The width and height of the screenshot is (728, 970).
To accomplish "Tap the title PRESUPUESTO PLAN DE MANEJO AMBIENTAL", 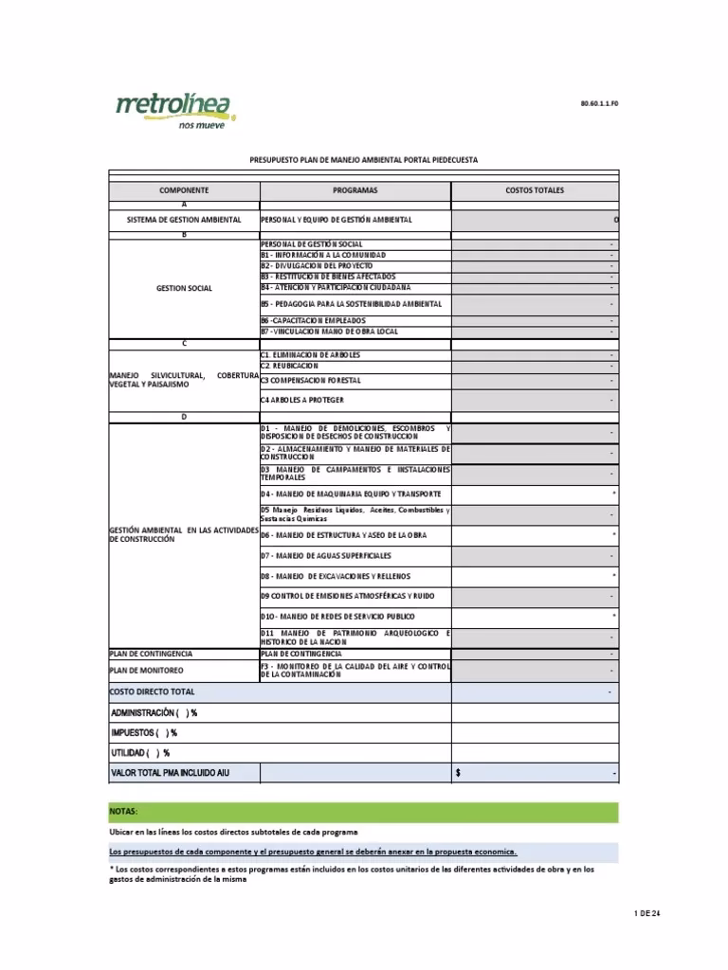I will click(364, 160).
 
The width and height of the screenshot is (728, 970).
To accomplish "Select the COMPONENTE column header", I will click(184, 190).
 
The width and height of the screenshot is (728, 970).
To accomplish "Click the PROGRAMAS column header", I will click(355, 190).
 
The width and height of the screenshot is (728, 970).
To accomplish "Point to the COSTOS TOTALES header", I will click(535, 190).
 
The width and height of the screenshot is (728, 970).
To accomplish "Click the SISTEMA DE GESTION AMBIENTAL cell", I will click(184, 220).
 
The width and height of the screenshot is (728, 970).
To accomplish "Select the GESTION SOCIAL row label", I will click(184, 288).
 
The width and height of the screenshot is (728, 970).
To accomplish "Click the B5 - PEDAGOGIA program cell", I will click(351, 304).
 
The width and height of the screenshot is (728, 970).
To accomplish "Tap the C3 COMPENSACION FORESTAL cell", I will click(310, 381).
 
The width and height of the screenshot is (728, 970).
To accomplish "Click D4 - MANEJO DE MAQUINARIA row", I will click(351, 494).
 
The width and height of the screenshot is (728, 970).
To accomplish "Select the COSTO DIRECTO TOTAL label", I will click(153, 692).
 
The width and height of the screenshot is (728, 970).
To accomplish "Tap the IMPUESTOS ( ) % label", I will click(144, 732).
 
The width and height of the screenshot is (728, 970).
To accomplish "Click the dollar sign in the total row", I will click(458, 774).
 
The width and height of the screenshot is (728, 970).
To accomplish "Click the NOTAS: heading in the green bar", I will click(124, 812).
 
